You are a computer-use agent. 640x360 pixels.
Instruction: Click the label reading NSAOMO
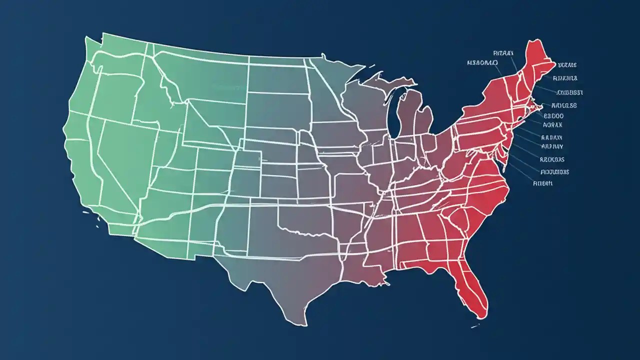click(482, 63)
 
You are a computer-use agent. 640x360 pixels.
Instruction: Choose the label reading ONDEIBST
click(570, 92)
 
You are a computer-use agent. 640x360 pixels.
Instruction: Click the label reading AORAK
click(552, 125)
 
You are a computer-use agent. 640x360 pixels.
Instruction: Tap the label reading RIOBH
click(543, 183)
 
